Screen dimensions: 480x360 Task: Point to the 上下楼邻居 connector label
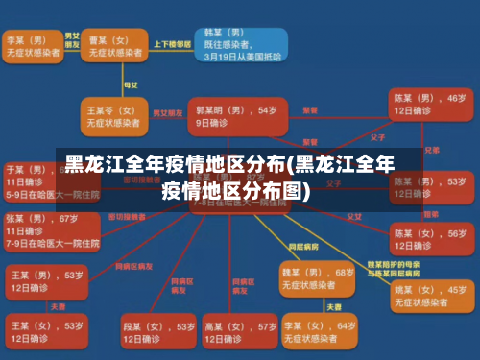coord(172,44)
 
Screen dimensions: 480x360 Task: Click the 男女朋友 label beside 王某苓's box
coord(169,112)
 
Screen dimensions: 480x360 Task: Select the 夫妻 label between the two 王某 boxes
coord(58,307)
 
